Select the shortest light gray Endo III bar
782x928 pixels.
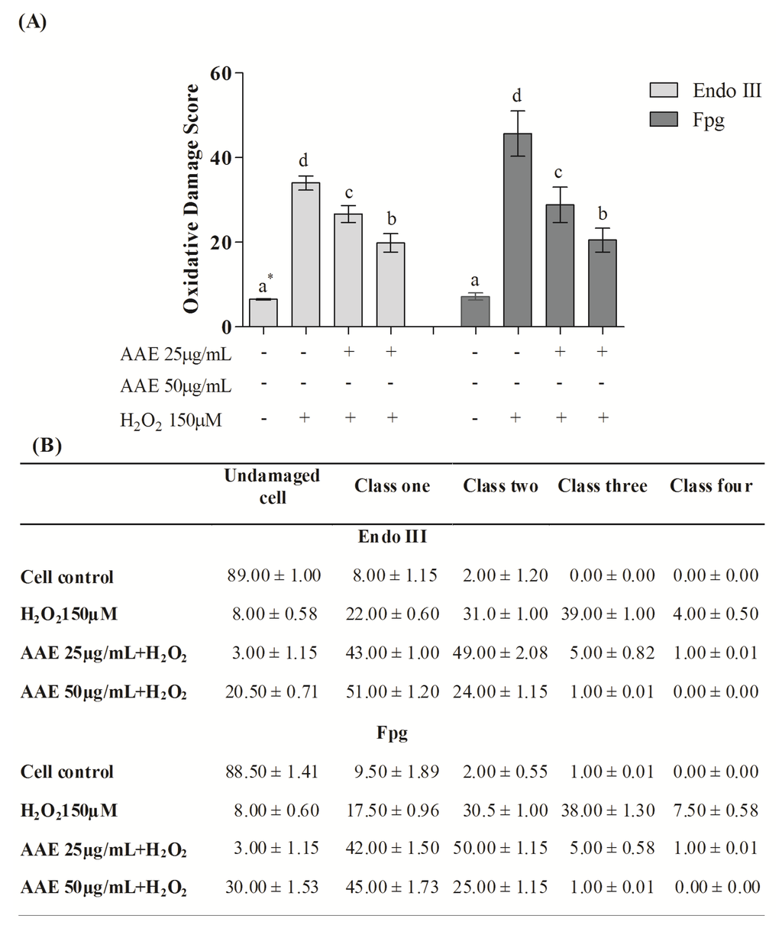point(263,313)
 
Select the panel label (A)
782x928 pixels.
point(32,22)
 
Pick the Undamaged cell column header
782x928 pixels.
point(272,486)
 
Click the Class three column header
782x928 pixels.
point(603,486)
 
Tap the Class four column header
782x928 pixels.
point(711,486)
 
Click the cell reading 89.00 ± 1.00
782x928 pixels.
point(273,575)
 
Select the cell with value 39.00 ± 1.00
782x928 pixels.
point(612,614)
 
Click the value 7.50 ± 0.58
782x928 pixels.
point(716,809)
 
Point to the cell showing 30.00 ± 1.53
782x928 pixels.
point(272,887)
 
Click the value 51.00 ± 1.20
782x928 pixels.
point(392,691)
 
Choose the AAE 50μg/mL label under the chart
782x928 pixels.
point(176,385)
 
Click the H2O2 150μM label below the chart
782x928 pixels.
point(171,419)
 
